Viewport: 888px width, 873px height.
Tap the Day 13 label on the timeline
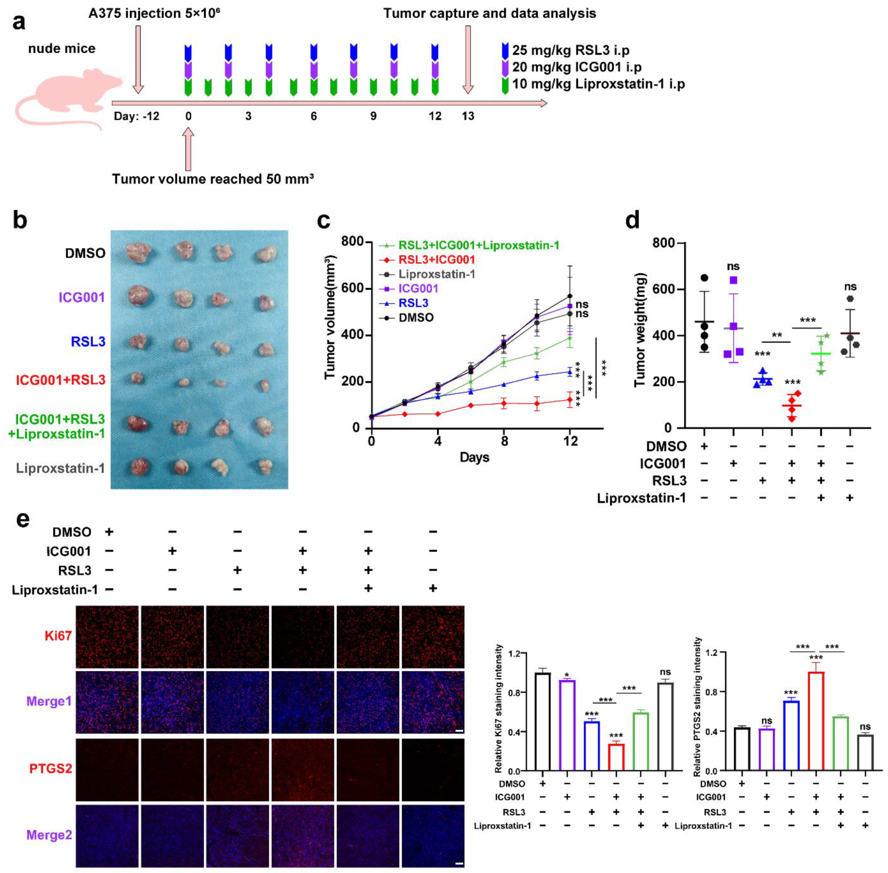[x=468, y=116]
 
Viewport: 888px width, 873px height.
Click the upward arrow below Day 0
[x=188, y=149]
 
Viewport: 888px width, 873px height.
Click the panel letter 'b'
[x=20, y=221]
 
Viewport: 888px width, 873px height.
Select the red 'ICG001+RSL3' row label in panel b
[x=61, y=380]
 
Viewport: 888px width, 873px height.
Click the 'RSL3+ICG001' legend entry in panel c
[x=436, y=260]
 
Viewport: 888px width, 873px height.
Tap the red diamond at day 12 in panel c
[x=569, y=400]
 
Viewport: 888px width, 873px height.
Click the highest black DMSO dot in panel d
[x=704, y=278]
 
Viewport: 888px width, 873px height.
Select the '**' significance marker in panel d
[x=777, y=336]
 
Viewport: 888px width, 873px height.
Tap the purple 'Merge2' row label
[x=49, y=835]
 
